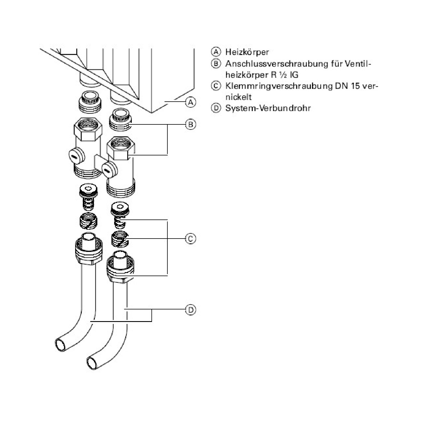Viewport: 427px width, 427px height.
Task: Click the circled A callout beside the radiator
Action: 191,102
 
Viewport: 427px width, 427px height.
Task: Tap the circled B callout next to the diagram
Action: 191,124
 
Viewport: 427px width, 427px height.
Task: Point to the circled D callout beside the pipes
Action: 191,309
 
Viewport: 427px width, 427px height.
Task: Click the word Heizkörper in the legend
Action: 247,52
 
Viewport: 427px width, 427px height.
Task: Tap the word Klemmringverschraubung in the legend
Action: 278,86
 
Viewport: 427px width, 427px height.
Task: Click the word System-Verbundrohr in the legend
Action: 268,108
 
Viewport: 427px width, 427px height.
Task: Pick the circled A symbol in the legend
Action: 216,52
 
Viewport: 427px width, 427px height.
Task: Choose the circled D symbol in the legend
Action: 216,108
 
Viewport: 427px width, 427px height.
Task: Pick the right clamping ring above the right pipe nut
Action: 120,239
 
